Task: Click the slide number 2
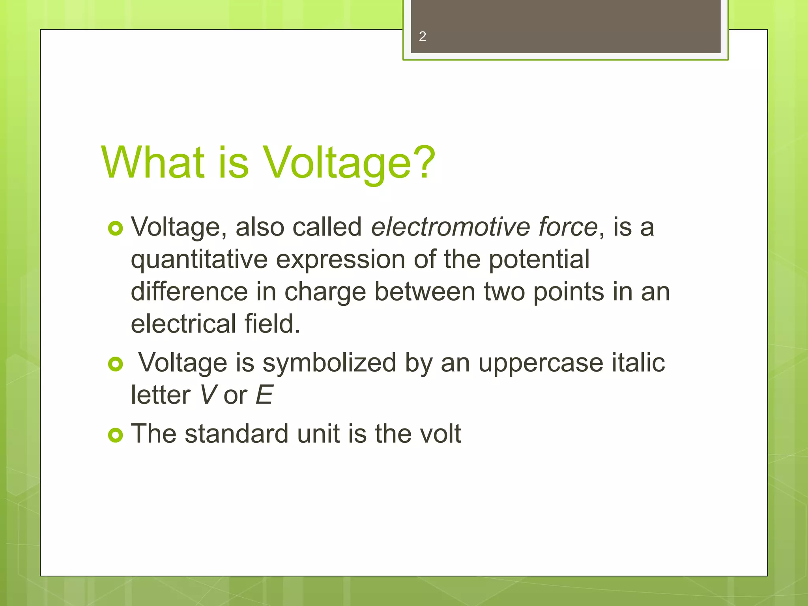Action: click(422, 37)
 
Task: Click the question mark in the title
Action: click(425, 162)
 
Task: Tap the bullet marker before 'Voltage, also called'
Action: click(115, 228)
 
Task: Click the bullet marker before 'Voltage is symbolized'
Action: click(115, 364)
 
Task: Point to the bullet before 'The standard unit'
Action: click(115, 435)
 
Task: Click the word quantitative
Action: click(199, 260)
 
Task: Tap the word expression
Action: click(340, 260)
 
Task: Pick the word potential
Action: click(539, 260)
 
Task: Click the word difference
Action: click(189, 292)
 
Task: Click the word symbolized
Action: click(329, 363)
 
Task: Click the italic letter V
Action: click(207, 395)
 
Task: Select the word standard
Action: click(236, 434)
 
